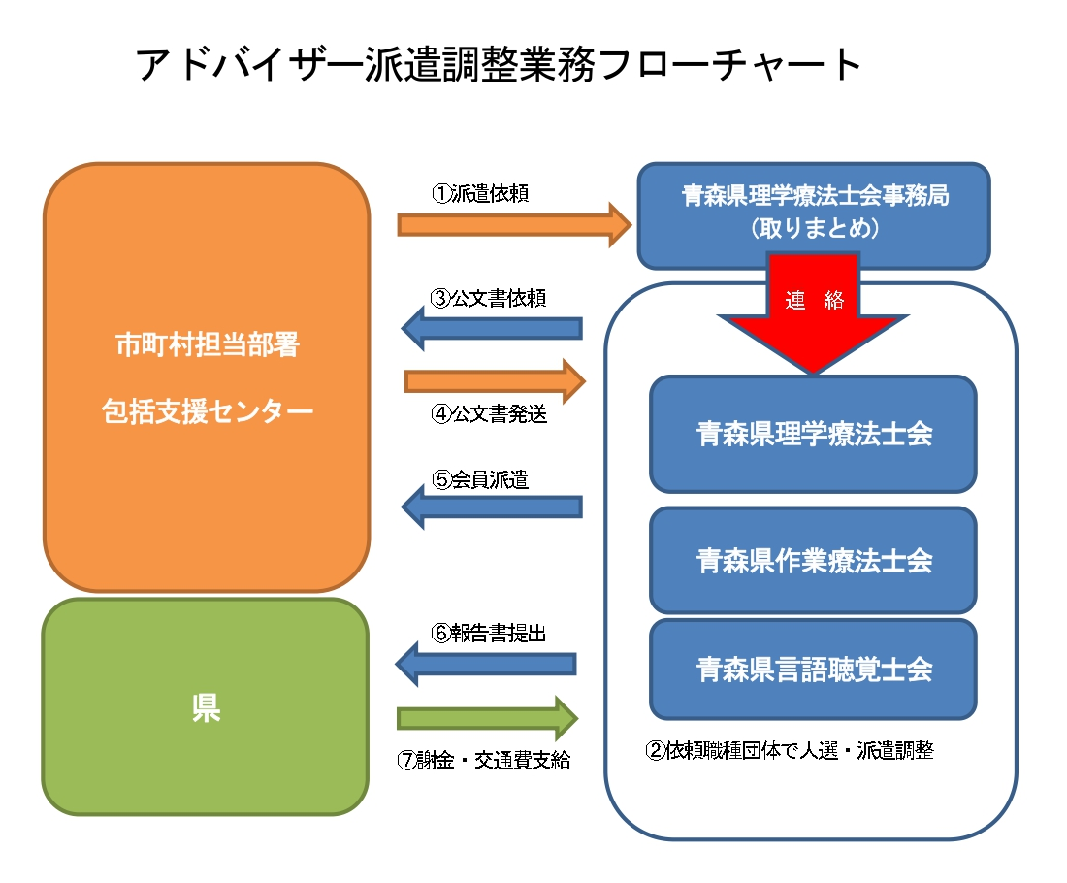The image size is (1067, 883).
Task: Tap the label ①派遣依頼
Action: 480,193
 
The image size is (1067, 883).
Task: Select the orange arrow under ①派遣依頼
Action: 514,224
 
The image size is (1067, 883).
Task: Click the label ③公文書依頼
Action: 489,298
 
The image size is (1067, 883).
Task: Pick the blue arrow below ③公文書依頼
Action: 492,328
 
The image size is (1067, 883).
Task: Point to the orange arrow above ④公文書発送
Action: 495,381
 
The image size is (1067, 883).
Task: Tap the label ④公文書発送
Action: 489,413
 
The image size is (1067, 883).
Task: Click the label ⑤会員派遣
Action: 480,479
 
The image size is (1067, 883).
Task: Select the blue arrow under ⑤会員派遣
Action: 492,507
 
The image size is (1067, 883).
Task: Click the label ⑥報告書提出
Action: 489,634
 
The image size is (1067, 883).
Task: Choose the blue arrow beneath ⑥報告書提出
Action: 486,664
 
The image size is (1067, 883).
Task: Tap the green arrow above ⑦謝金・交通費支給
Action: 487,718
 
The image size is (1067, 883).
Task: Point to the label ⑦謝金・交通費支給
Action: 484,760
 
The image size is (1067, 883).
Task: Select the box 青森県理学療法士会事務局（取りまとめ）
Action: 814,215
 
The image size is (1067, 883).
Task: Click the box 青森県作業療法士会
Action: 813,560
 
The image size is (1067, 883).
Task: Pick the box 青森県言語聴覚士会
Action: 813,670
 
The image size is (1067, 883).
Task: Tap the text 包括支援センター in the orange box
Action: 208,410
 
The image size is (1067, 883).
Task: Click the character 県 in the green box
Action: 206,707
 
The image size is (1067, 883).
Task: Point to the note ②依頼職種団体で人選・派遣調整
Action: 790,750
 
